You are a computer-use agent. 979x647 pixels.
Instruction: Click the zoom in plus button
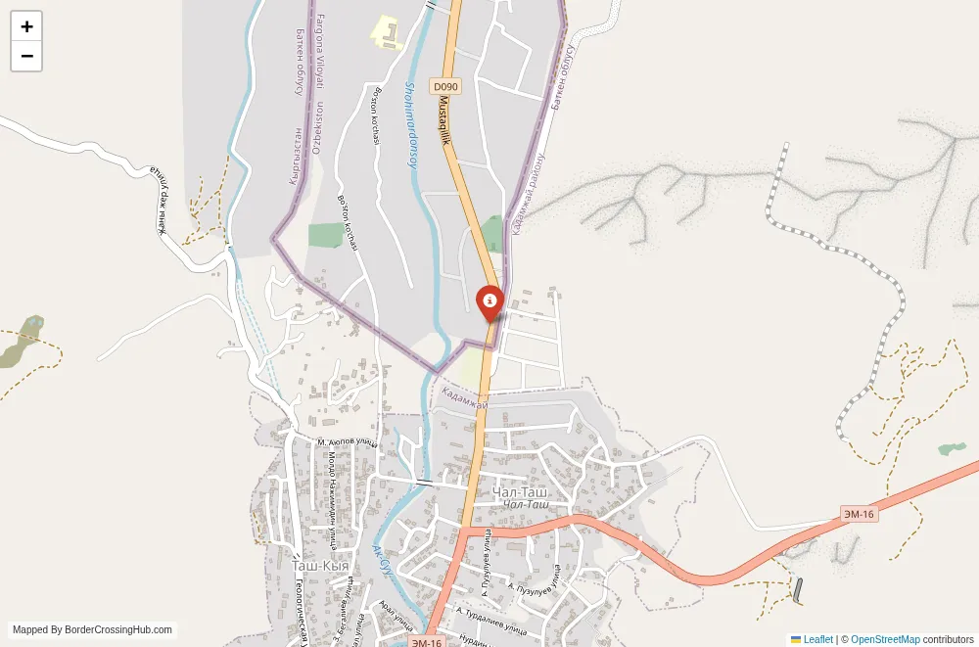coord(26,26)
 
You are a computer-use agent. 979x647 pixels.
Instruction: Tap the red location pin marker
coord(489,301)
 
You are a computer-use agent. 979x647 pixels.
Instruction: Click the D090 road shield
coord(445,87)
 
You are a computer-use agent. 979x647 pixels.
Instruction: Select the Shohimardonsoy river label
coord(411,124)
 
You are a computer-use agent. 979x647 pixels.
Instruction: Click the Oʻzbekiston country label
coord(316,127)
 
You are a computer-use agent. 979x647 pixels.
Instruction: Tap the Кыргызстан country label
coord(294,157)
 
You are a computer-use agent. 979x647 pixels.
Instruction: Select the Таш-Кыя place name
coord(320,566)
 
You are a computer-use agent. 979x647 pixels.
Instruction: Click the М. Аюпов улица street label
coord(347,442)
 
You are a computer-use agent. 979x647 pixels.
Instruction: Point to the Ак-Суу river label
coord(382,559)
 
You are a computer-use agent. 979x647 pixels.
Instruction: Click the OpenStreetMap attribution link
coord(885,639)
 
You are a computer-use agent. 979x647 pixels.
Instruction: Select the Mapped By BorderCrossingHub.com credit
coord(93,630)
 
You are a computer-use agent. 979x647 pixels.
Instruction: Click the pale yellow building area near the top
coord(386,31)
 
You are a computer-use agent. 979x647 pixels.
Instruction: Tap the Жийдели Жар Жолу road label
coord(156,201)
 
